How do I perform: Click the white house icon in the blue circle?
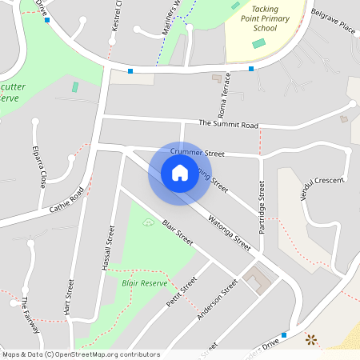pyautogui.click(x=180, y=173)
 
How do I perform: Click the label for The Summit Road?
pyautogui.click(x=229, y=125)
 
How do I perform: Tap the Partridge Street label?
pyautogui.click(x=262, y=206)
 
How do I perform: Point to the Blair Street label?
pyautogui.click(x=178, y=233)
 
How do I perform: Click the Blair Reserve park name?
pyautogui.click(x=144, y=283)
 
